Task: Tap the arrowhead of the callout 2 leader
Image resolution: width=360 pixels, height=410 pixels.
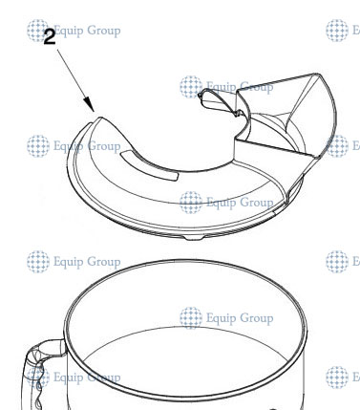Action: click(x=90, y=108)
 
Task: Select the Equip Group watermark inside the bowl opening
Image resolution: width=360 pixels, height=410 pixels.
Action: click(x=227, y=317)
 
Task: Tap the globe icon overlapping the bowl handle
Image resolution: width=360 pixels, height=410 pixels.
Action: click(x=39, y=377)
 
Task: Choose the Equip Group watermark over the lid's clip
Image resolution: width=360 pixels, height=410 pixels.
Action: click(x=227, y=87)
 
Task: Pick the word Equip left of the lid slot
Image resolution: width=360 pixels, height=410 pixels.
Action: click(x=70, y=146)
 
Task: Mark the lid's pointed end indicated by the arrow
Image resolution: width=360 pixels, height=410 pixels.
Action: click(x=95, y=117)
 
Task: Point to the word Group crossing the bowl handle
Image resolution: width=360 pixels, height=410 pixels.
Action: click(x=100, y=377)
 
